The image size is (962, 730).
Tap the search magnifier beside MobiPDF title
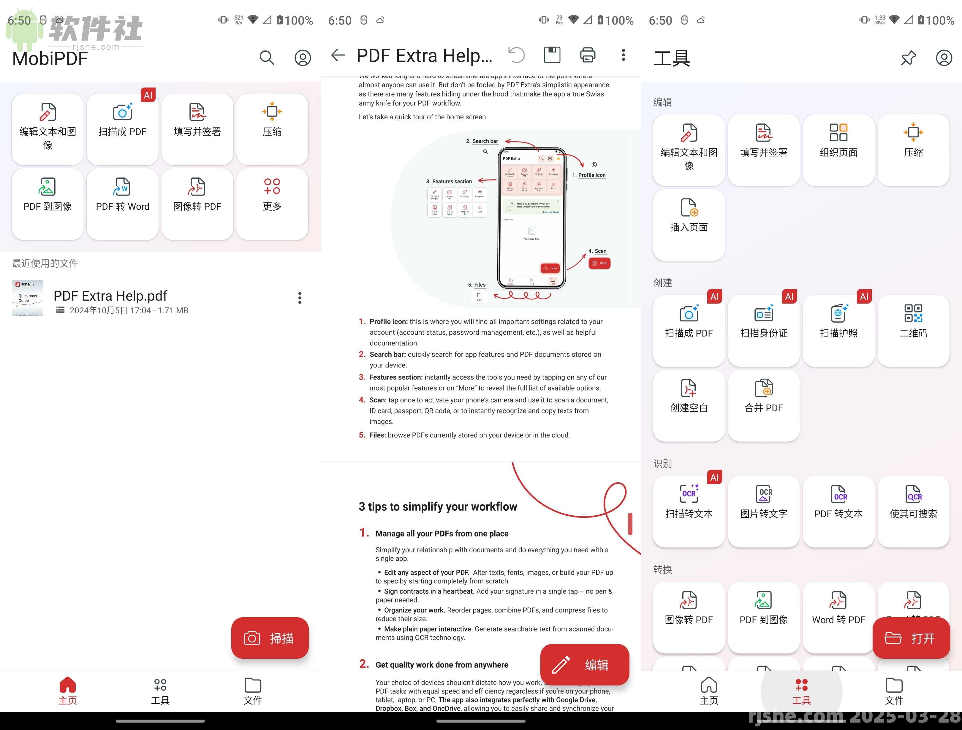pos(267,57)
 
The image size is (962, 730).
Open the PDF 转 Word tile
pos(123,204)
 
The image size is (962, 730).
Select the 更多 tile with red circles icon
pos(272,204)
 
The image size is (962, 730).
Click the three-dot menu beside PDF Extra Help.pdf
pos(300,298)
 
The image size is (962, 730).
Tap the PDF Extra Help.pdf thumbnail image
pos(27,298)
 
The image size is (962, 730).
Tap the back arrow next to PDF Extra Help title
pos(338,55)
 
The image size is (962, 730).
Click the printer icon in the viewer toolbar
pos(588,55)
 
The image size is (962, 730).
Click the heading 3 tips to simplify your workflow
pos(438,507)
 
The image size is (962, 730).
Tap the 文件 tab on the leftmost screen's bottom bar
pos(253,691)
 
